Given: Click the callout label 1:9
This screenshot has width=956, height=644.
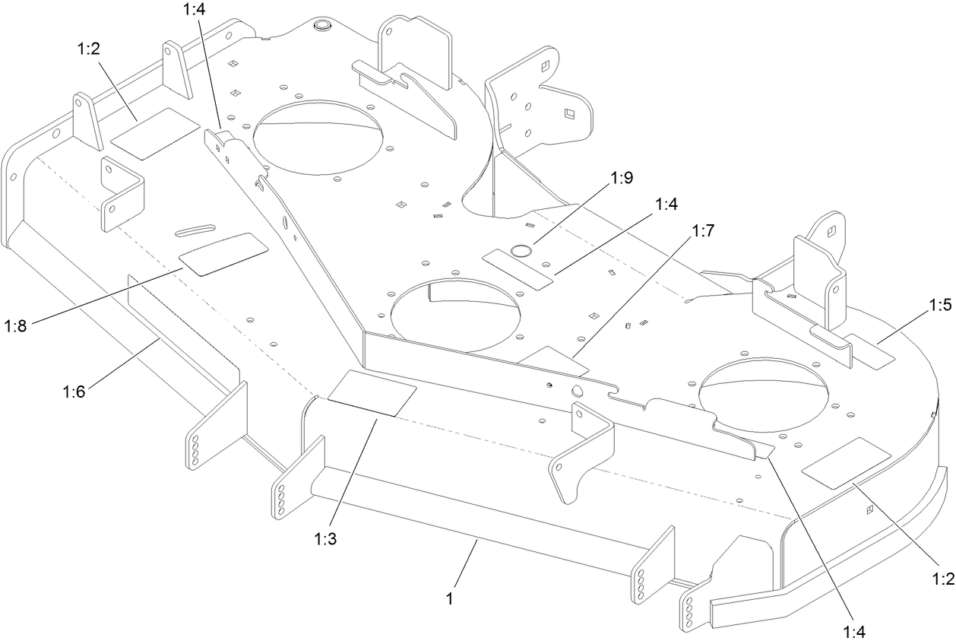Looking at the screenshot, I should pos(622,179).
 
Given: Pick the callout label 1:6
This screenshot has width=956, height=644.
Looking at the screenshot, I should pos(74,392).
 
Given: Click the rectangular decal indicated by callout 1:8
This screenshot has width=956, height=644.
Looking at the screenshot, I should pos(223,253).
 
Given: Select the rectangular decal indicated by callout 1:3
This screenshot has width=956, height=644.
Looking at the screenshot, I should pos(372,392).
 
